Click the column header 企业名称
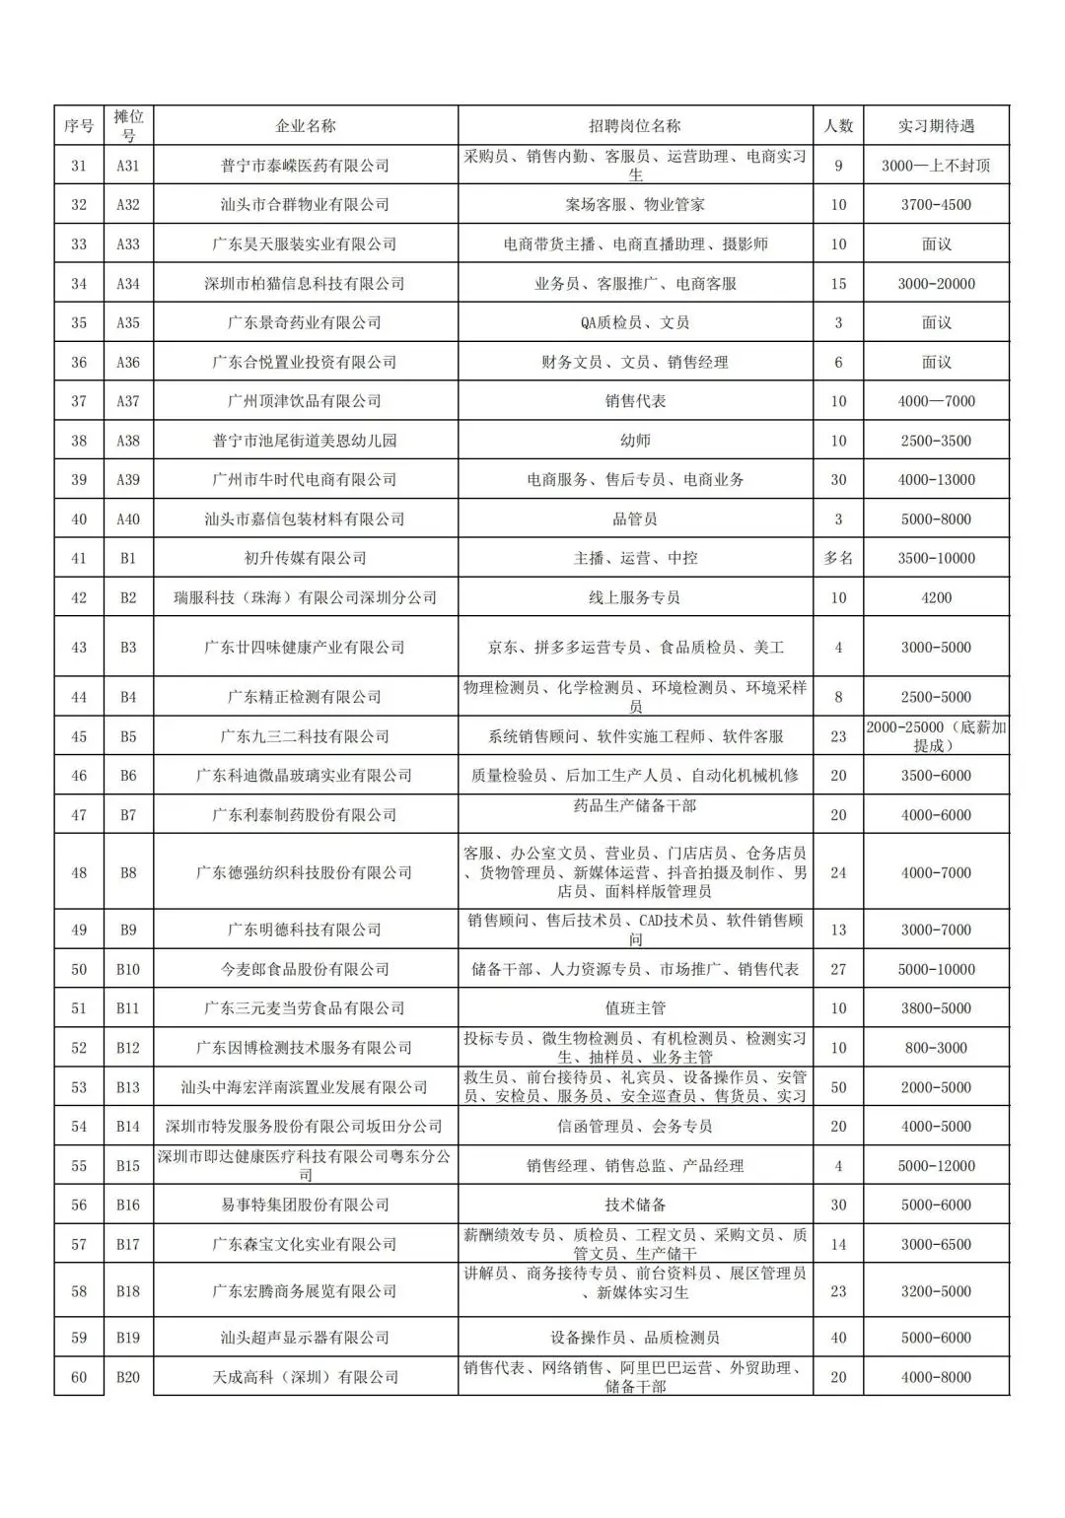click(305, 126)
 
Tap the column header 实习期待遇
click(936, 126)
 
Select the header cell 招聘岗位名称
click(635, 126)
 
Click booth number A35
click(128, 322)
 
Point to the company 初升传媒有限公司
click(305, 558)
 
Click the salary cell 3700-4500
click(936, 205)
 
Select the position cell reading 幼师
click(635, 441)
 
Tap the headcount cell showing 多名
click(838, 558)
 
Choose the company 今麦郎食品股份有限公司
click(305, 969)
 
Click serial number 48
click(79, 872)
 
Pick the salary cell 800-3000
click(936, 1048)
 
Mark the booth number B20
click(128, 1377)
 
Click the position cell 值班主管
click(635, 1008)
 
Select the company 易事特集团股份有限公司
click(305, 1205)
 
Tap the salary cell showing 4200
click(936, 597)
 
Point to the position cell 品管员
click(635, 518)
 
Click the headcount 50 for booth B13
click(838, 1087)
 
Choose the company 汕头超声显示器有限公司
click(305, 1338)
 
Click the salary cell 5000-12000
click(936, 1165)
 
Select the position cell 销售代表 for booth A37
click(635, 401)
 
